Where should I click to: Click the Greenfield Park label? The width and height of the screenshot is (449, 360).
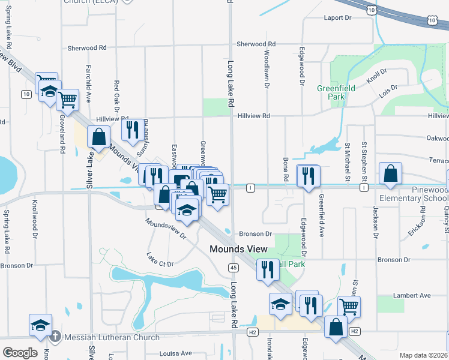(x=336, y=92)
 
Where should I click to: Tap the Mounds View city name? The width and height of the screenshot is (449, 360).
(x=238, y=249)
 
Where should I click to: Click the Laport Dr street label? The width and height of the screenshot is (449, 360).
(x=337, y=18)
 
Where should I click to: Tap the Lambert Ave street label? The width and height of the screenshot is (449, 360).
(x=412, y=295)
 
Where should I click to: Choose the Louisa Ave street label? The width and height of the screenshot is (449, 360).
(x=176, y=353)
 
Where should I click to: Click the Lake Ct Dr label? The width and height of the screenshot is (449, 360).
(x=160, y=260)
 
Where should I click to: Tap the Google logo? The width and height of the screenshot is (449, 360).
(x=20, y=353)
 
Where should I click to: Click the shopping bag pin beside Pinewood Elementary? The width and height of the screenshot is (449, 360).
(x=390, y=172)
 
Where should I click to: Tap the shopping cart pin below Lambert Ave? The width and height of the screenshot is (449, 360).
(x=349, y=306)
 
